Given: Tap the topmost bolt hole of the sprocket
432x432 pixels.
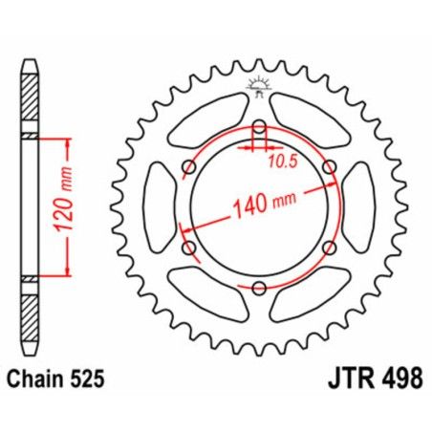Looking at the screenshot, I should (260, 126).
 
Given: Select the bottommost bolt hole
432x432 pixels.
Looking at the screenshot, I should (260, 286).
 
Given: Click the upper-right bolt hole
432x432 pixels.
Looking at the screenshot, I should (330, 167).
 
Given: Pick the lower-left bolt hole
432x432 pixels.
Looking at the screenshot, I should (189, 248).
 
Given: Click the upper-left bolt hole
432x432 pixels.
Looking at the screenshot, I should (189, 167).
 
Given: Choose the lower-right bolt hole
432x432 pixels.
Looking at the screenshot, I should (330, 248).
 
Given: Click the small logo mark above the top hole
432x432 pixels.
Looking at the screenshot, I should (259, 88).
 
